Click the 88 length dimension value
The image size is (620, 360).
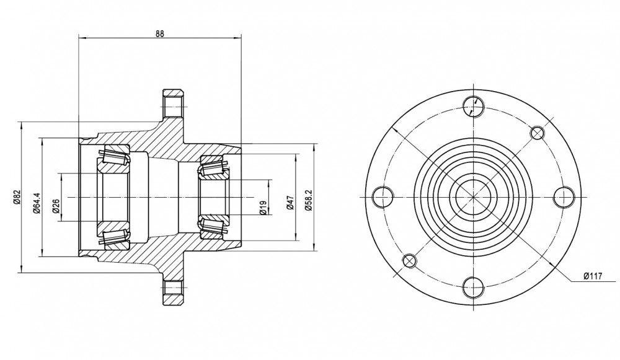pos(159,33)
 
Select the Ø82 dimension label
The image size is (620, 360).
pos(16,196)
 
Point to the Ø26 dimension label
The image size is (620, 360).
pos(55,206)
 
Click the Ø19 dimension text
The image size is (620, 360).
pos(263,207)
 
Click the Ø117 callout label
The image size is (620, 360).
pos(593,276)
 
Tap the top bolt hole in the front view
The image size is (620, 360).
pos(473,107)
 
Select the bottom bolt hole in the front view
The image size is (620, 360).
pos(473,288)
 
